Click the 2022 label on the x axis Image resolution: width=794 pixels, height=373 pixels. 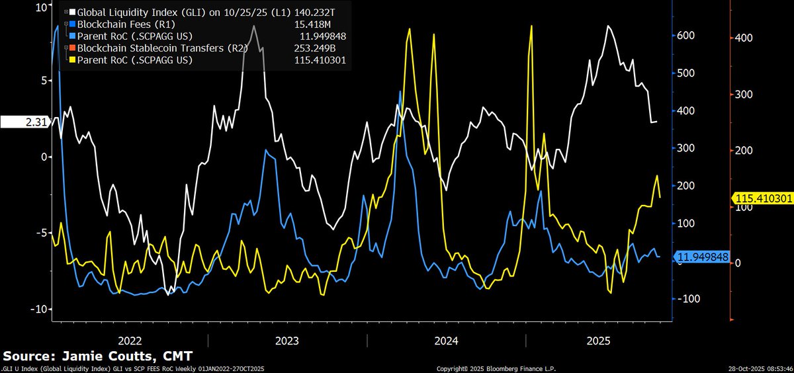coord(130,341)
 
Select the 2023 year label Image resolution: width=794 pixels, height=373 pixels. coord(287,341)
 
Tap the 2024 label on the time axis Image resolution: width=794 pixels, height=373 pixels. coord(446,341)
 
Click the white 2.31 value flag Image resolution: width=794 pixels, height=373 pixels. coord(24,122)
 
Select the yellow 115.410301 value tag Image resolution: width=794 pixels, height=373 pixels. coord(761,198)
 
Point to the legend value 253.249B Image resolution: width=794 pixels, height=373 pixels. coord(322,48)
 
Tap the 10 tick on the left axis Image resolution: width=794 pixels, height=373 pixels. coord(40,7)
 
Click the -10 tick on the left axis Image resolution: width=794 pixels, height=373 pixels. coord(38,310)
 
